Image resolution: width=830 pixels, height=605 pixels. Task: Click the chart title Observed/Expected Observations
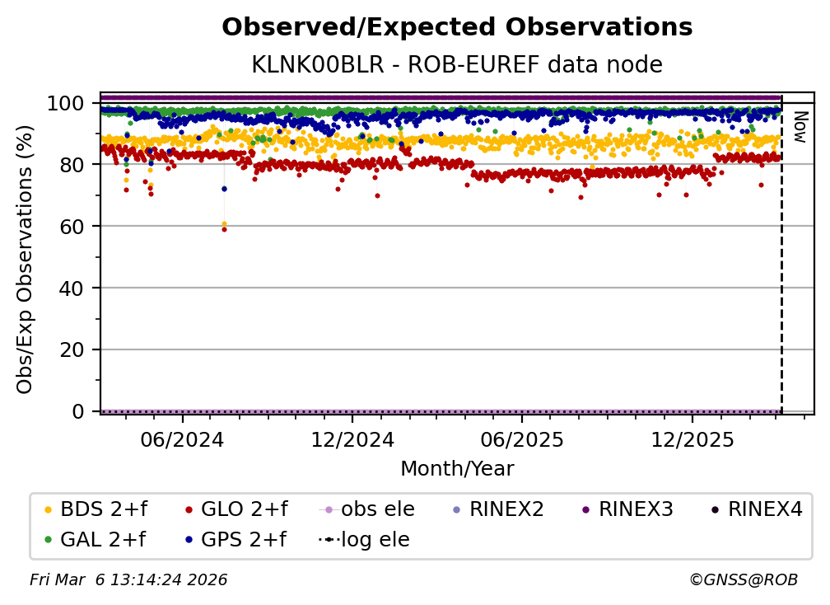[457, 27]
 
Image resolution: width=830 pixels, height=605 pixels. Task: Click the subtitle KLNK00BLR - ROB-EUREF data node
[457, 64]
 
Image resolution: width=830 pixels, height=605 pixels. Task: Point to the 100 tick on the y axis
[66, 103]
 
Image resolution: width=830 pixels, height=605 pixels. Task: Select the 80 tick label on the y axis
[72, 165]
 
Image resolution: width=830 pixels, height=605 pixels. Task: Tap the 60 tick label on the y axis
[72, 227]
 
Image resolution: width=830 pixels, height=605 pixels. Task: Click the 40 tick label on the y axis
[72, 288]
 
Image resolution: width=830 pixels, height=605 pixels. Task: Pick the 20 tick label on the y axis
[72, 350]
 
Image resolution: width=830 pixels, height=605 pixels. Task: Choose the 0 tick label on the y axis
[78, 411]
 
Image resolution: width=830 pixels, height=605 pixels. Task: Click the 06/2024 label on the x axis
[182, 440]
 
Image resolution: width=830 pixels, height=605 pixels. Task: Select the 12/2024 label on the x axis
[352, 440]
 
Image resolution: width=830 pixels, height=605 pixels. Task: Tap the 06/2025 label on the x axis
[522, 440]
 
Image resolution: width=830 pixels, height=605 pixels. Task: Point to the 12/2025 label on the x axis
[692, 440]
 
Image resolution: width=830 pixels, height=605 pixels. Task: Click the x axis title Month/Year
[457, 469]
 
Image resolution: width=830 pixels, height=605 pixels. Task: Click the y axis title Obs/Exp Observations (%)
[25, 260]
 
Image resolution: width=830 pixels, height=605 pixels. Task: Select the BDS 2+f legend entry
[96, 509]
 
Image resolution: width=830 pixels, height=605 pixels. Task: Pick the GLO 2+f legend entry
[236, 509]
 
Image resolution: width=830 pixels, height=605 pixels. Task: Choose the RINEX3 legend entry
[627, 509]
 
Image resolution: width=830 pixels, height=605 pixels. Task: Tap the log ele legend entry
[364, 540]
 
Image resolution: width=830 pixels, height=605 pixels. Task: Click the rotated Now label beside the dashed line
[800, 127]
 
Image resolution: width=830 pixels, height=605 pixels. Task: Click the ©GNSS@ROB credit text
[744, 580]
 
